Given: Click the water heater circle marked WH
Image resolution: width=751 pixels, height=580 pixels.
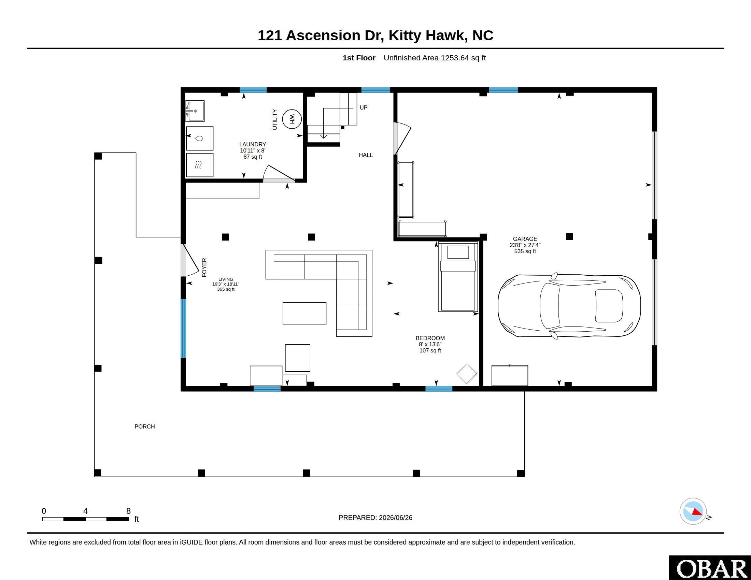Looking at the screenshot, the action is pyautogui.click(x=292, y=119).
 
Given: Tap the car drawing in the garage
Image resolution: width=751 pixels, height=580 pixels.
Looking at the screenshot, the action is pyautogui.click(x=569, y=306).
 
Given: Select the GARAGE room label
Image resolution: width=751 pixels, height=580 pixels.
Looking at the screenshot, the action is pyautogui.click(x=525, y=239).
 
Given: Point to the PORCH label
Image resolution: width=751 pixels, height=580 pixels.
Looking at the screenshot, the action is pyautogui.click(x=144, y=426).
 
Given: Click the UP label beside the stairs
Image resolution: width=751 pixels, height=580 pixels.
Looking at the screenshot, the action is pyautogui.click(x=364, y=107).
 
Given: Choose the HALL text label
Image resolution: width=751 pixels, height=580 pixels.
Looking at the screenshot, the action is pyautogui.click(x=366, y=155).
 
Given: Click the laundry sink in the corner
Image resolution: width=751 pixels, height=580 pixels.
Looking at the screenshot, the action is pyautogui.click(x=195, y=111).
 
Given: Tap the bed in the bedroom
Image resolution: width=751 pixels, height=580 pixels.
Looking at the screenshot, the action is pyautogui.click(x=458, y=277).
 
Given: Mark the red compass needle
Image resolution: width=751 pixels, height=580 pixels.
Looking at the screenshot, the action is pyautogui.click(x=697, y=512).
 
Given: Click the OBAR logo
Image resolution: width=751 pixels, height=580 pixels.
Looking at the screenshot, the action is pyautogui.click(x=710, y=568).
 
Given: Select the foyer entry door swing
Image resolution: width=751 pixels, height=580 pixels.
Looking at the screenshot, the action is pyautogui.click(x=189, y=260).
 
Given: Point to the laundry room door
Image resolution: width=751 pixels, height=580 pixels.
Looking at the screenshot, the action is pyautogui.click(x=279, y=174).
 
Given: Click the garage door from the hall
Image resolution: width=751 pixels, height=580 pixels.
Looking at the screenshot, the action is pyautogui.click(x=402, y=139).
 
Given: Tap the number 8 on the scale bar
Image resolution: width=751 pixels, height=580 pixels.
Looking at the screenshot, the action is pyautogui.click(x=129, y=511).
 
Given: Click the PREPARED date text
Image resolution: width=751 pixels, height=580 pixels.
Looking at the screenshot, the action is pyautogui.click(x=375, y=518).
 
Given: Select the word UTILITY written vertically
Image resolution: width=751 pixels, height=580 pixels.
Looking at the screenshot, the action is pyautogui.click(x=275, y=119).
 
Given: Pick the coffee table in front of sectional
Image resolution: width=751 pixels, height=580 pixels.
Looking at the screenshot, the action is pyautogui.click(x=304, y=313).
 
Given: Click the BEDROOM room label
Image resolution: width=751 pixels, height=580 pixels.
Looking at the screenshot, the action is pyautogui.click(x=430, y=338).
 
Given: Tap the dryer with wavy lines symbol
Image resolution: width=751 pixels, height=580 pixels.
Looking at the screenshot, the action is pyautogui.click(x=199, y=165).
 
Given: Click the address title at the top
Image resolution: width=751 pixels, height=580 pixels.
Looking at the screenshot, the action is pyautogui.click(x=375, y=35).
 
